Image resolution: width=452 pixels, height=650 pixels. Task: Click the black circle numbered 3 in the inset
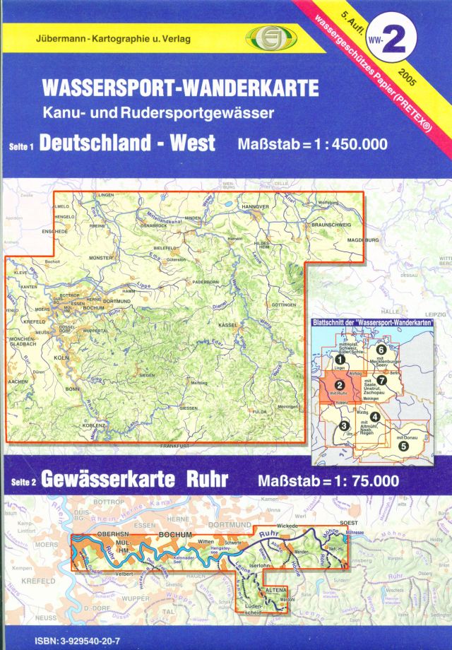(x=344, y=425)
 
